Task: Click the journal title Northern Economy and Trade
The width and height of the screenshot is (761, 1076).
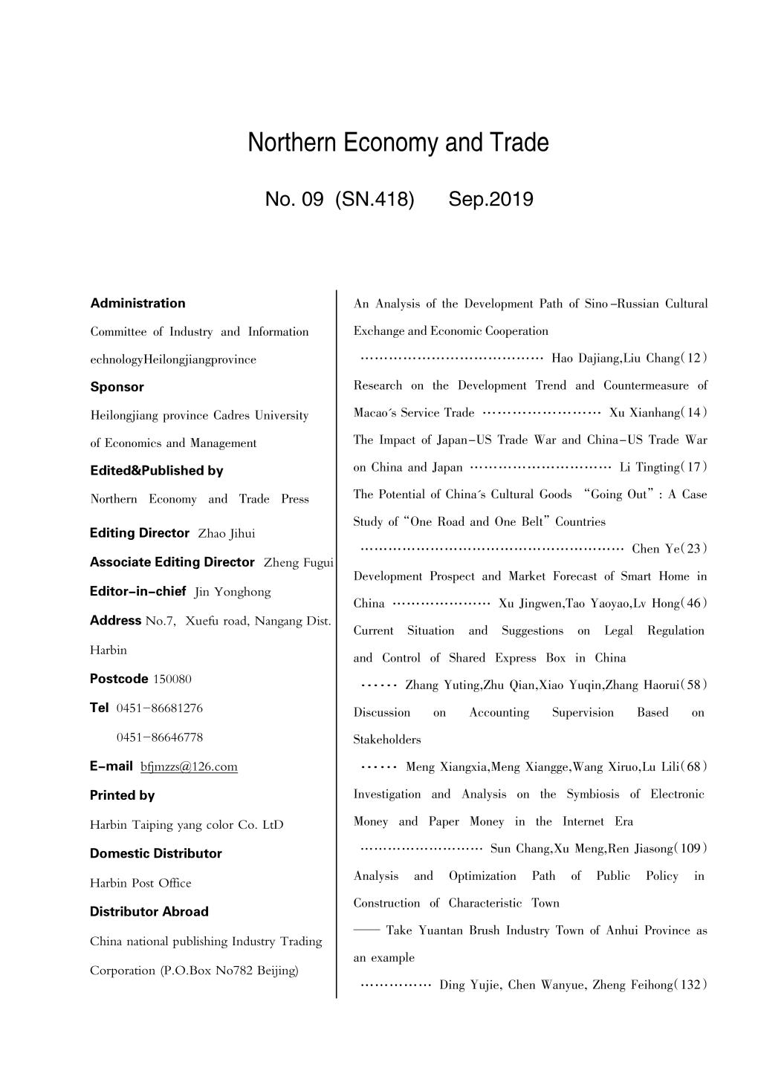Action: pos(398,142)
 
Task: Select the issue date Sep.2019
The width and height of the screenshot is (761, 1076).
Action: pos(490,199)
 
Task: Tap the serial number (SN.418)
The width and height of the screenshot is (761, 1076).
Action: pos(375,199)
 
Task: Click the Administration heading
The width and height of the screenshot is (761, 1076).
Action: pos(137,303)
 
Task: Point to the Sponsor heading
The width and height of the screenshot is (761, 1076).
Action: pos(117,387)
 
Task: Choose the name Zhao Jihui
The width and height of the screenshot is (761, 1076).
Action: pos(227,534)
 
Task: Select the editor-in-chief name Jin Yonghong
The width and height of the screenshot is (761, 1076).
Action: pos(233,592)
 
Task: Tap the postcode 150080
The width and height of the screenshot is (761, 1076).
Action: pos(172,679)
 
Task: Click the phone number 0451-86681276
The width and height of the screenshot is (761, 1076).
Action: pos(160,708)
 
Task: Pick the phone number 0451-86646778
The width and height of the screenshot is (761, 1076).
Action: pos(160,737)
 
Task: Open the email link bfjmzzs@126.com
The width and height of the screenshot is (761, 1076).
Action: pos(189,767)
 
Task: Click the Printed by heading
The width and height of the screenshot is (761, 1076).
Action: pos(122,795)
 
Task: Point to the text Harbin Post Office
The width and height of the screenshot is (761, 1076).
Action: pos(140,883)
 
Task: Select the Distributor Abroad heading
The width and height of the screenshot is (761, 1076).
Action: pos(149,912)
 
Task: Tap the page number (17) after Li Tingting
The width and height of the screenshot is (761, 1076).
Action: pos(696,467)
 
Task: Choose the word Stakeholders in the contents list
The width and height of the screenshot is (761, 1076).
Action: pos(386,740)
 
